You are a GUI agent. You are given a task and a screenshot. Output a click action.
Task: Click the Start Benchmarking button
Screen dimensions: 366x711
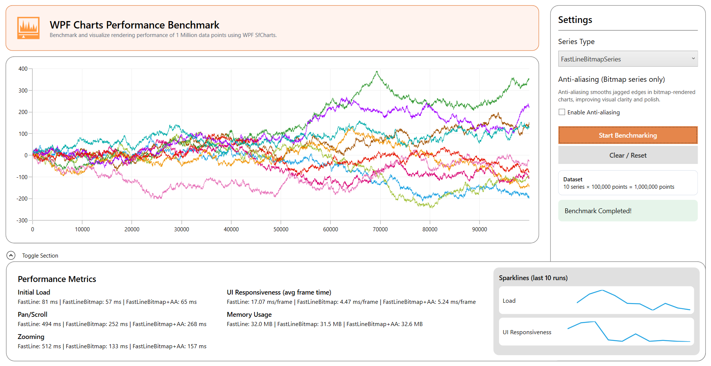click(628, 135)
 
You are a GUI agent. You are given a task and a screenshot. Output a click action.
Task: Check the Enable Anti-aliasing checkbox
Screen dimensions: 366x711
click(562, 112)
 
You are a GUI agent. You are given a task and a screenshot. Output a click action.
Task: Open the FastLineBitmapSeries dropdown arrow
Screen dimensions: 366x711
click(693, 59)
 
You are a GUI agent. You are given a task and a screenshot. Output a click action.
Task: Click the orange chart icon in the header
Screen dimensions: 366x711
click(28, 28)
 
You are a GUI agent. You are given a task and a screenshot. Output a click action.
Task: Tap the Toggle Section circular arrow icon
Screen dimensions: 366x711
click(11, 255)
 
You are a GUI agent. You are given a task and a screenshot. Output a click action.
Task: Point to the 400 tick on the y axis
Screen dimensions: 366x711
click(23, 69)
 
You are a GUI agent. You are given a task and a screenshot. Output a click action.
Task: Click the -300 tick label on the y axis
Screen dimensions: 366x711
click(22, 221)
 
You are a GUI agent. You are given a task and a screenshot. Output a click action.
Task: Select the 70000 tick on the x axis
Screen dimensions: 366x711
click(380, 229)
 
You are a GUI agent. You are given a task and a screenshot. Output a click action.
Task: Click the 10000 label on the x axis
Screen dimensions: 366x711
click(82, 229)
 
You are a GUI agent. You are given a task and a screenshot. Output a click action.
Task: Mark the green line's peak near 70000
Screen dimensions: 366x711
click(377, 72)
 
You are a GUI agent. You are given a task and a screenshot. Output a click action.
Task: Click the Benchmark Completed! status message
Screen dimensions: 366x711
click(598, 211)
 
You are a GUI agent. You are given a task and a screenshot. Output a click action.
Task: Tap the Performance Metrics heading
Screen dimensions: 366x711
click(57, 279)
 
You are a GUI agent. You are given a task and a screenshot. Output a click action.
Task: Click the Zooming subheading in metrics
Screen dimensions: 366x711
click(31, 337)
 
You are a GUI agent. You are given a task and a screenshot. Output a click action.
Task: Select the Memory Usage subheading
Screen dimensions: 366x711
click(249, 315)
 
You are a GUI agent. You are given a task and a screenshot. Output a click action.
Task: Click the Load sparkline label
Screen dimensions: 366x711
click(509, 301)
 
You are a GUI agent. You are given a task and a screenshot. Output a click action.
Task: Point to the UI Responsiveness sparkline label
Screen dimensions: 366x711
click(526, 332)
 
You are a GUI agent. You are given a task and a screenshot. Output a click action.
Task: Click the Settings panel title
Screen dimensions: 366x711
click(575, 20)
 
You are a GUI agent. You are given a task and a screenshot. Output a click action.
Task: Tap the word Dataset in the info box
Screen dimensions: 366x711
click(573, 179)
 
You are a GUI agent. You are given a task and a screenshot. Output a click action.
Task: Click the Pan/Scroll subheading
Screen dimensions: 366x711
click(33, 315)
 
